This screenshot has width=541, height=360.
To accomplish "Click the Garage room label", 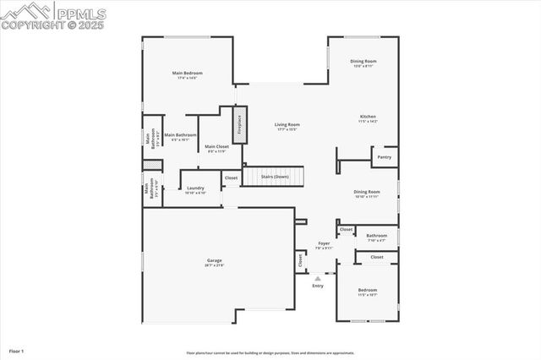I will pyautogui.click(x=215, y=259).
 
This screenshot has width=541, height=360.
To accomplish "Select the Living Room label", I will pyautogui.click(x=287, y=124).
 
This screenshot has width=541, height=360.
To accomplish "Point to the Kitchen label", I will pyautogui.click(x=368, y=117).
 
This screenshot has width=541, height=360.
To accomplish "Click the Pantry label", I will pyautogui.click(x=385, y=156).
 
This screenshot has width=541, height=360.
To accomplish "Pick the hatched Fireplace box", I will pyautogui.click(x=239, y=124).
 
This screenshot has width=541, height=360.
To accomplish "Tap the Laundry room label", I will pyautogui.click(x=195, y=188).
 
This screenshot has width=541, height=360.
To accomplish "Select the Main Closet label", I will pyautogui.click(x=216, y=146).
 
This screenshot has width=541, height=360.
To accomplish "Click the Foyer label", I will pyautogui.click(x=324, y=243).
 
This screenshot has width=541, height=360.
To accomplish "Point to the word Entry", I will pyautogui.click(x=318, y=286).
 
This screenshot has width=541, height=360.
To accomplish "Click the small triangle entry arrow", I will pyautogui.click(x=318, y=277).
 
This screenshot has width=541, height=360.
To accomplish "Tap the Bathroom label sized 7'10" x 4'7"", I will pyautogui.click(x=377, y=236).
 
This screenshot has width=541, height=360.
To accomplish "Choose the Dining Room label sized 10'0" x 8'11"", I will pyautogui.click(x=363, y=61).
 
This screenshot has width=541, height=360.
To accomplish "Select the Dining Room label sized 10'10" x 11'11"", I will pyautogui.click(x=367, y=192).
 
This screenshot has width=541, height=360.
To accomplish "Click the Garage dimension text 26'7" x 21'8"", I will pyautogui.click(x=215, y=265).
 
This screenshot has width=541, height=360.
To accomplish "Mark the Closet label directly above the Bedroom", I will pyautogui.click(x=377, y=257).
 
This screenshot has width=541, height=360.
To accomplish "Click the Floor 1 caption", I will pyautogui.click(x=17, y=350).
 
